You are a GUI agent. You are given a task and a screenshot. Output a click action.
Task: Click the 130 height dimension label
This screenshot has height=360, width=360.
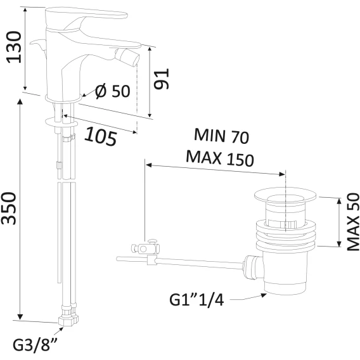14,47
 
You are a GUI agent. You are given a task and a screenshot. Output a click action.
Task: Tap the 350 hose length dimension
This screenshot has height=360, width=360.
9,209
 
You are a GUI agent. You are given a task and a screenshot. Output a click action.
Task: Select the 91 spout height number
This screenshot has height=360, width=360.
162,79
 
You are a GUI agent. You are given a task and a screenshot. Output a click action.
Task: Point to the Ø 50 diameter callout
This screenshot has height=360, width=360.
113,91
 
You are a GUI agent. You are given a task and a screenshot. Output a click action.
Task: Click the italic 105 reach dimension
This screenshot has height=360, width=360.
101,137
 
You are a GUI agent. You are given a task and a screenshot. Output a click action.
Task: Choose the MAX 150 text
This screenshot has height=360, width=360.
220,158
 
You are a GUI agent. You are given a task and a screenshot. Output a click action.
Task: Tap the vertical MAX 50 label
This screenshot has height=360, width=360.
353,222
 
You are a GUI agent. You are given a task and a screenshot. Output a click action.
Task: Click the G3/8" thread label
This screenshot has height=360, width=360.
35,344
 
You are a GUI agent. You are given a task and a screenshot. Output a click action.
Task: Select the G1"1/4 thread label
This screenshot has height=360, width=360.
196,300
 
